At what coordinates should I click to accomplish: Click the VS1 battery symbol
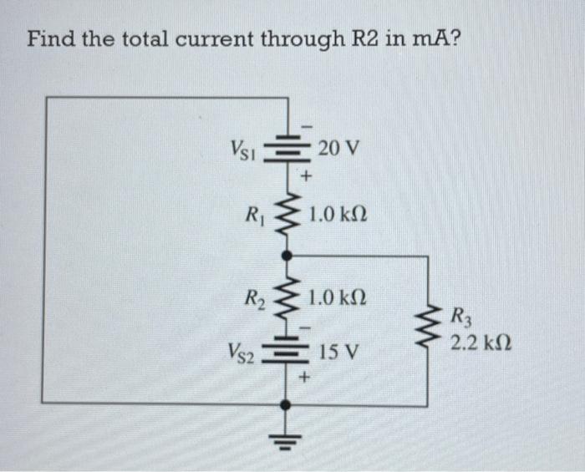286,150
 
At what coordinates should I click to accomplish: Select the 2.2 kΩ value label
480,343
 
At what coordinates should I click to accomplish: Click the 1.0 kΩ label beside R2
338,297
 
